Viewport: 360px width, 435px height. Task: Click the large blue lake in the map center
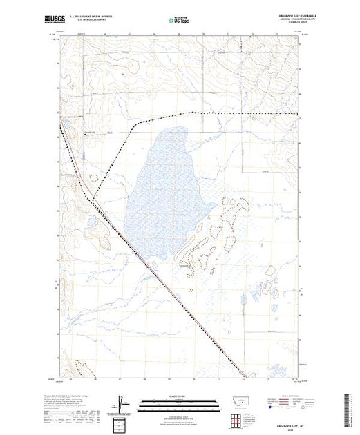click(163, 180)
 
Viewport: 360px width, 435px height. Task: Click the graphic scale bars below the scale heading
click(179, 403)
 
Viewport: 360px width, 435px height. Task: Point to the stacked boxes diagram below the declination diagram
click(121, 420)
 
